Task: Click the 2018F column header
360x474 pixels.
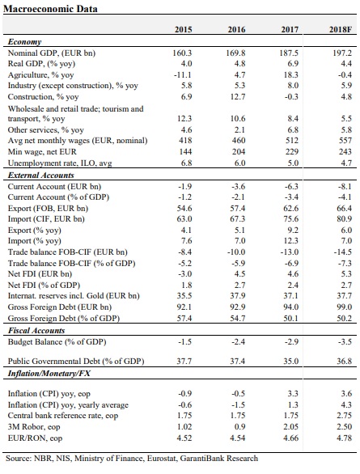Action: click(x=341, y=29)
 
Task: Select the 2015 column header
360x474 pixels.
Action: click(x=183, y=29)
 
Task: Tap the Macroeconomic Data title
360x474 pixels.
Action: click(x=50, y=9)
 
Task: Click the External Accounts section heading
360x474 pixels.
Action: click(x=40, y=176)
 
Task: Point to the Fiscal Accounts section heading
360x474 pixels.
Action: click(x=36, y=330)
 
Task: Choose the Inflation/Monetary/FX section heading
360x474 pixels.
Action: click(x=49, y=374)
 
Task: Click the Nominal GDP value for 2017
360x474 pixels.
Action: click(x=289, y=53)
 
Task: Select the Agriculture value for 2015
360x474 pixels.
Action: click(x=183, y=74)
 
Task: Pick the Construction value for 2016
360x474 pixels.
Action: click(x=237, y=97)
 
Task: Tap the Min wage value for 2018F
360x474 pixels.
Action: click(x=345, y=152)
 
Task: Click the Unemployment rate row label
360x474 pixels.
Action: click(x=60, y=163)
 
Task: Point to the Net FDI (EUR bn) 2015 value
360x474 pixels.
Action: click(x=185, y=274)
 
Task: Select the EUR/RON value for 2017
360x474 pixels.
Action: click(x=291, y=438)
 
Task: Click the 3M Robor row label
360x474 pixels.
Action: click(x=34, y=427)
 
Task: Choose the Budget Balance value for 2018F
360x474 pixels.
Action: click(x=345, y=342)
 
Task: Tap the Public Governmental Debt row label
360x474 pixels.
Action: click(x=76, y=362)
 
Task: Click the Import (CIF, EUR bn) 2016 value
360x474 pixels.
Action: click(x=238, y=219)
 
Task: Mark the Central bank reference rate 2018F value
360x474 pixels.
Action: click(x=345, y=416)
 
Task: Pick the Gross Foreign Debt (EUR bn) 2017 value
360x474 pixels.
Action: click(x=291, y=307)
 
